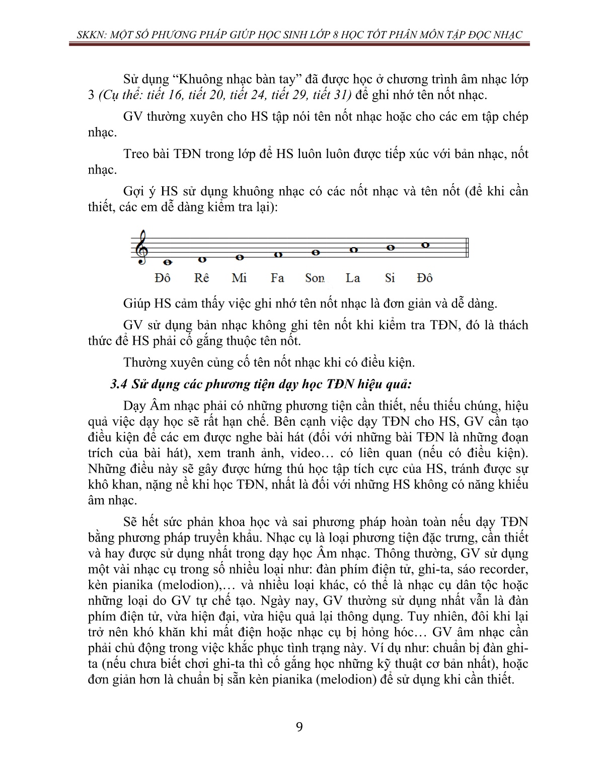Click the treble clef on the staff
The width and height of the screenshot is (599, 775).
click(142, 247)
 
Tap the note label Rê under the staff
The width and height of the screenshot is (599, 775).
click(201, 278)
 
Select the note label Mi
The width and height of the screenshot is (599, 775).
click(239, 278)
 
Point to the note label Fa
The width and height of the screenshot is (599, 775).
click(277, 278)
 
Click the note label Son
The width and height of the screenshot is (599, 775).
click(315, 278)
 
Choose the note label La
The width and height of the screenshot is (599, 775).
click(353, 278)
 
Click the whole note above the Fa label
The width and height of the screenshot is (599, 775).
click(277, 255)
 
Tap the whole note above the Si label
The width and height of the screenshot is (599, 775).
click(390, 248)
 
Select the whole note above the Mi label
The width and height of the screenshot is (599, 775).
click(240, 257)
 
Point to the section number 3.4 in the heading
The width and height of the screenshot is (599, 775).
click(120, 384)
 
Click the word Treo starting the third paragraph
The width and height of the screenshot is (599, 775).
click(136, 154)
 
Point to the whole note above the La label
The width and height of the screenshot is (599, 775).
click(353, 250)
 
